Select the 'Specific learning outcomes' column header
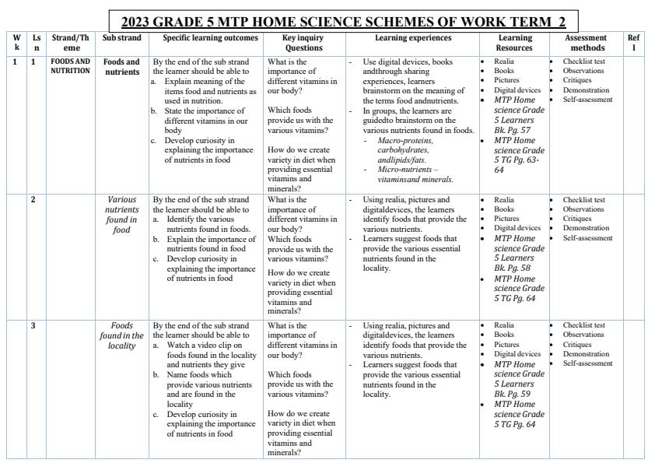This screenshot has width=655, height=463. (210, 37)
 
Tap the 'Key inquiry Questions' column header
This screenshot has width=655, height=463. (303, 42)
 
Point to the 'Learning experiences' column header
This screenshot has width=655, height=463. (412, 37)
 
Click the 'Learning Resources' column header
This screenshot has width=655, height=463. (514, 42)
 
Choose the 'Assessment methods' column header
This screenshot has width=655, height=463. (584, 42)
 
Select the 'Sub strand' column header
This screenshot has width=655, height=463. (122, 37)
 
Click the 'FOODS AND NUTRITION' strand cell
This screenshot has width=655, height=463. (71, 66)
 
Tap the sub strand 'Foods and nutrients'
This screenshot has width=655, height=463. (122, 66)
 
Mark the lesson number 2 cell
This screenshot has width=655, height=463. (33, 200)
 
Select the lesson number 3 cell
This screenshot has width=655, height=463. (33, 325)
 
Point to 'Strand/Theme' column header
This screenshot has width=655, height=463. (71, 42)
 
